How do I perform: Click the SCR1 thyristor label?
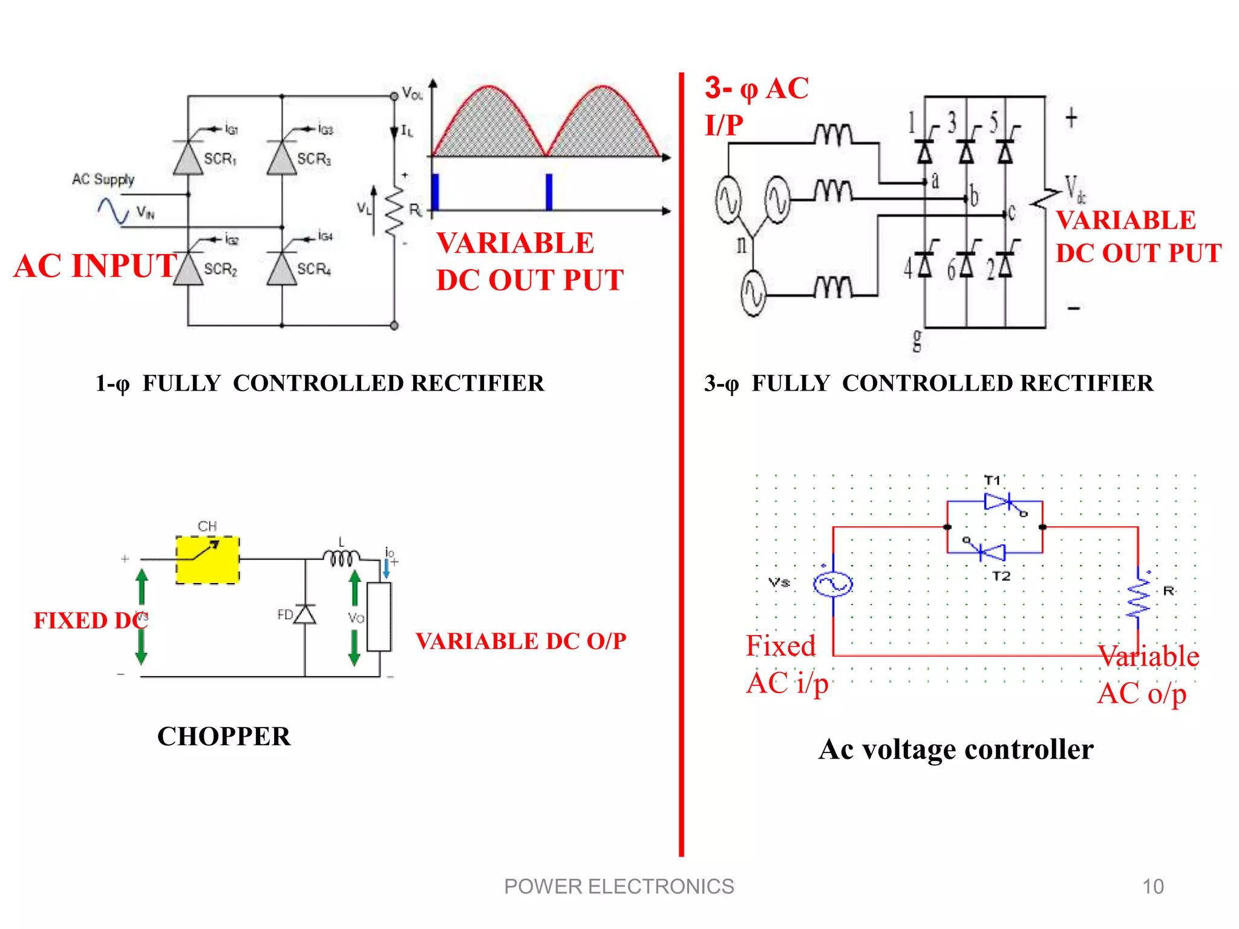tap(220, 159)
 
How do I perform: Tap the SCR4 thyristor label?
tap(314, 269)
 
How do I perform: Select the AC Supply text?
tap(103, 179)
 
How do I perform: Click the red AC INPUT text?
tap(95, 266)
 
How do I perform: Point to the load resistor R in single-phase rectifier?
tap(395, 210)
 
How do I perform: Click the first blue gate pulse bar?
tap(435, 192)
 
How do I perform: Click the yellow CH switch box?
tap(208, 559)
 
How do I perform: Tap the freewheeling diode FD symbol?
tap(305, 614)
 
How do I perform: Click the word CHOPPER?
tap(224, 736)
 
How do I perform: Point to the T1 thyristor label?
tap(992, 480)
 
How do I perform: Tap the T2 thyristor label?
tap(1001, 576)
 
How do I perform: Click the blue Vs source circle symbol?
tap(833, 584)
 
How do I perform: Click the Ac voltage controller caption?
tap(956, 749)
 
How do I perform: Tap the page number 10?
tap(1152, 887)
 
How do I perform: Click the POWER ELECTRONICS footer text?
tap(619, 887)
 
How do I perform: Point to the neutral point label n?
tap(742, 244)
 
